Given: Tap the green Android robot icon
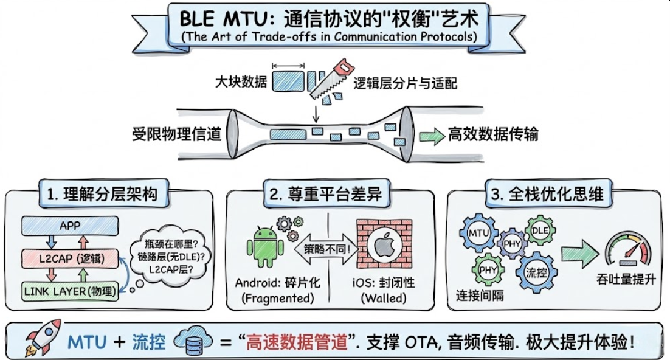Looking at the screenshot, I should coord(265,247).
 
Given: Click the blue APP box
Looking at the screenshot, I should coord(70,226).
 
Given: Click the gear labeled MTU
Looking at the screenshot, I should coord(480,233).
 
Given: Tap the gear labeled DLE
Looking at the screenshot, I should coord(539,232).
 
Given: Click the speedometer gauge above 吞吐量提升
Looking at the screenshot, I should coord(627,251).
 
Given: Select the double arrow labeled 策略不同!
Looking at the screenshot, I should coord(326,249).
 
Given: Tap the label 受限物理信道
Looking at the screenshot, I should coord(176,134).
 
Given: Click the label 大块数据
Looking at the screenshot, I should coord(241,83).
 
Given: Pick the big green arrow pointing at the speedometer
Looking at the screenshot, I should coord(578,251).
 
